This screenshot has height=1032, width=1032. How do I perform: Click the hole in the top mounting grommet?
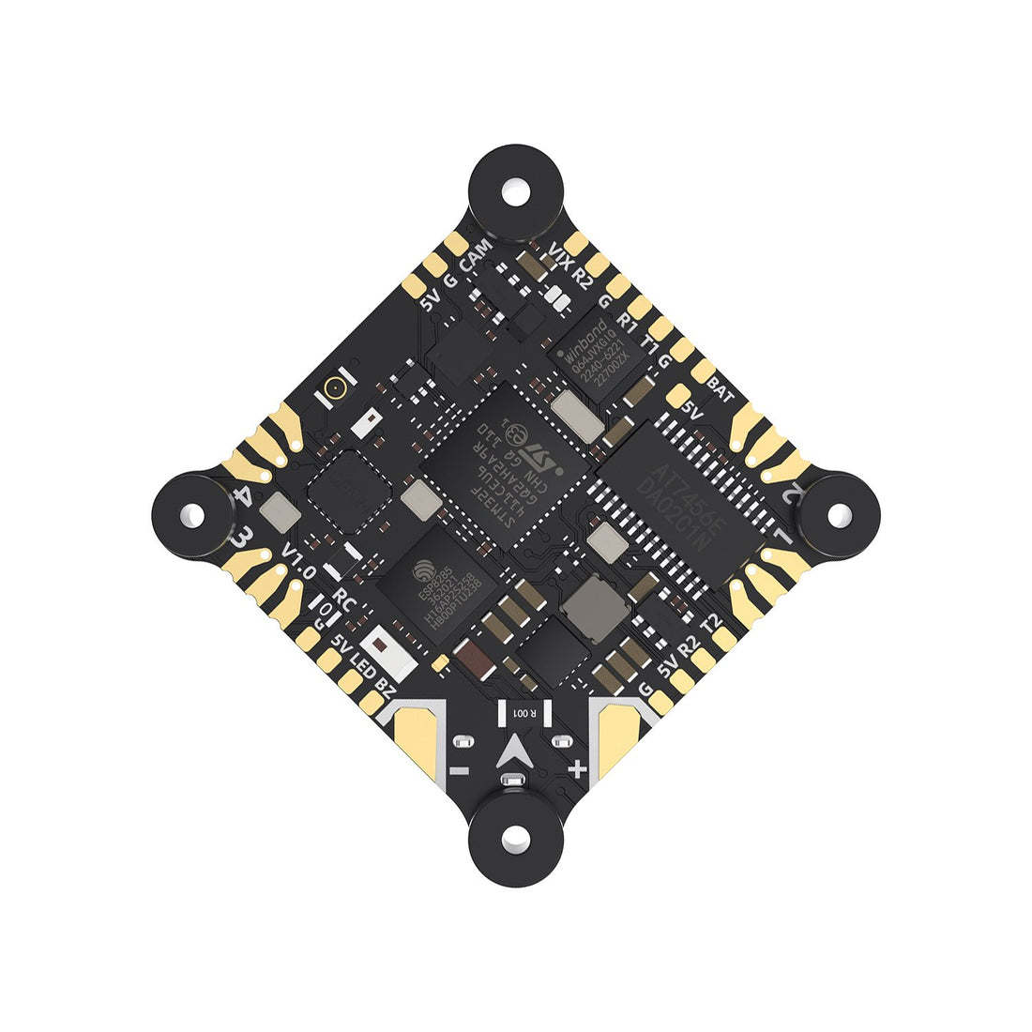tap(515, 192)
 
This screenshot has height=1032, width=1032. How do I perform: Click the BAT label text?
tap(720, 384)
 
